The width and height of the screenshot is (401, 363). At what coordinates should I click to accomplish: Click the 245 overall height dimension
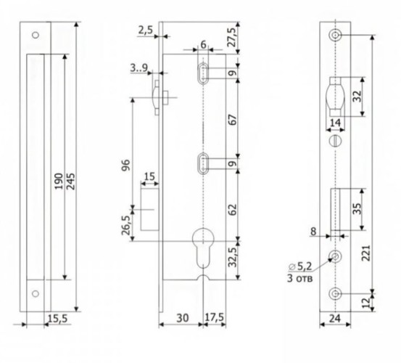pos(71,181)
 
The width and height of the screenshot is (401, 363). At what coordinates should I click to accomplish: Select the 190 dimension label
pos(59,181)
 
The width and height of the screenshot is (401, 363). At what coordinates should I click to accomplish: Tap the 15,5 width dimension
pos(58,319)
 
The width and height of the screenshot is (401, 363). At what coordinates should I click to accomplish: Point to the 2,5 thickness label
pos(145,30)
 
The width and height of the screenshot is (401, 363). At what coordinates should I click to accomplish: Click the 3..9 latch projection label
pos(139,68)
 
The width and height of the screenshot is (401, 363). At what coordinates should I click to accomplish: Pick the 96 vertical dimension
pos(127,165)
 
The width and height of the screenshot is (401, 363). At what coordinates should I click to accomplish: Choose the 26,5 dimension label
pos(125,225)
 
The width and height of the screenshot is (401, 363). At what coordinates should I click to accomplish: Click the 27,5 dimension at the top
pos(232,37)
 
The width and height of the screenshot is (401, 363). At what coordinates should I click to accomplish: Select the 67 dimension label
pos(233,120)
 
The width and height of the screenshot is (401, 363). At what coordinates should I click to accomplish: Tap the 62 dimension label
pos(233,209)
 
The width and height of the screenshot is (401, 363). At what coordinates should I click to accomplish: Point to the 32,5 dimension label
pos(233,257)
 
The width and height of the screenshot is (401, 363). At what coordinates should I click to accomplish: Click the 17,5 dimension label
pos(215,317)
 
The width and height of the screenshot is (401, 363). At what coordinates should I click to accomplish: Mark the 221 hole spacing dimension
pos(366,253)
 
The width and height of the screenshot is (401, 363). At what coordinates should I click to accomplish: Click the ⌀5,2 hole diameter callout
pos(300,266)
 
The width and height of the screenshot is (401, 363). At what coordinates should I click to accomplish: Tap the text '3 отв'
pos(299,278)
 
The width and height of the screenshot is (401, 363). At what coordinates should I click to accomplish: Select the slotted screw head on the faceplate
pos(335,141)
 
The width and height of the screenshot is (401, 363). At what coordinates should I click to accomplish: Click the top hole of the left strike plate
pos(36,35)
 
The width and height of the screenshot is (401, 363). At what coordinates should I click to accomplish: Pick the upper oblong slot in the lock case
pos(203,73)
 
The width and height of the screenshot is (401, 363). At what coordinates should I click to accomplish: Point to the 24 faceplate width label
pos(335,319)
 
